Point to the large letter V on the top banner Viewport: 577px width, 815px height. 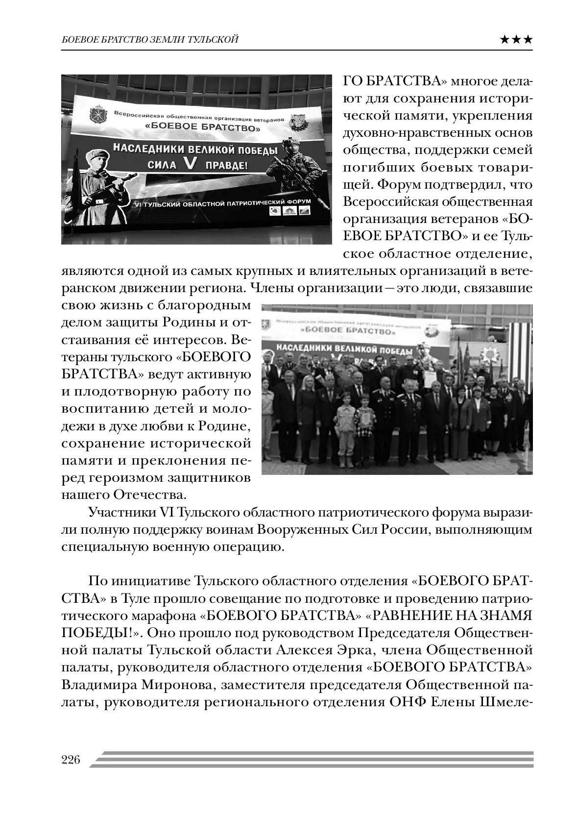coord(189,165)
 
